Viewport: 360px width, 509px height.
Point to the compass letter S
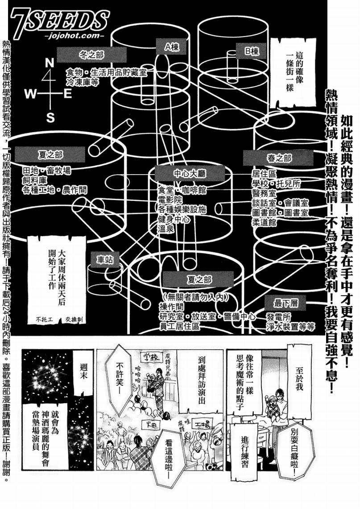pyautogui.click(x=50, y=118)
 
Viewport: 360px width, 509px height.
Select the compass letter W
pyautogui.click(x=30, y=94)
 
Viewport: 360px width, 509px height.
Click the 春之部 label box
pyautogui.click(x=267, y=158)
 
